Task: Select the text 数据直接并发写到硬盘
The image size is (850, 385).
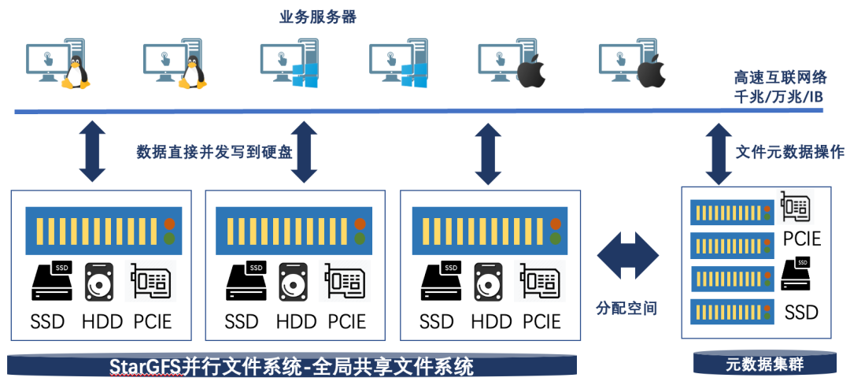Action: click(x=214, y=152)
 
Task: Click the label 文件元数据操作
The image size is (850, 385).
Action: click(x=789, y=152)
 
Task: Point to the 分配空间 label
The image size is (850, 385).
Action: click(x=627, y=309)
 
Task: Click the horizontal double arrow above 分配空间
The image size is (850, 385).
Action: click(x=627, y=255)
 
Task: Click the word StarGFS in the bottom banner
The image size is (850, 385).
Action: click(x=145, y=367)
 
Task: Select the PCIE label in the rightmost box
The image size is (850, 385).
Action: click(x=801, y=239)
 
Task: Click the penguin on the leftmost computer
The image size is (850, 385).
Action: click(x=75, y=72)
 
